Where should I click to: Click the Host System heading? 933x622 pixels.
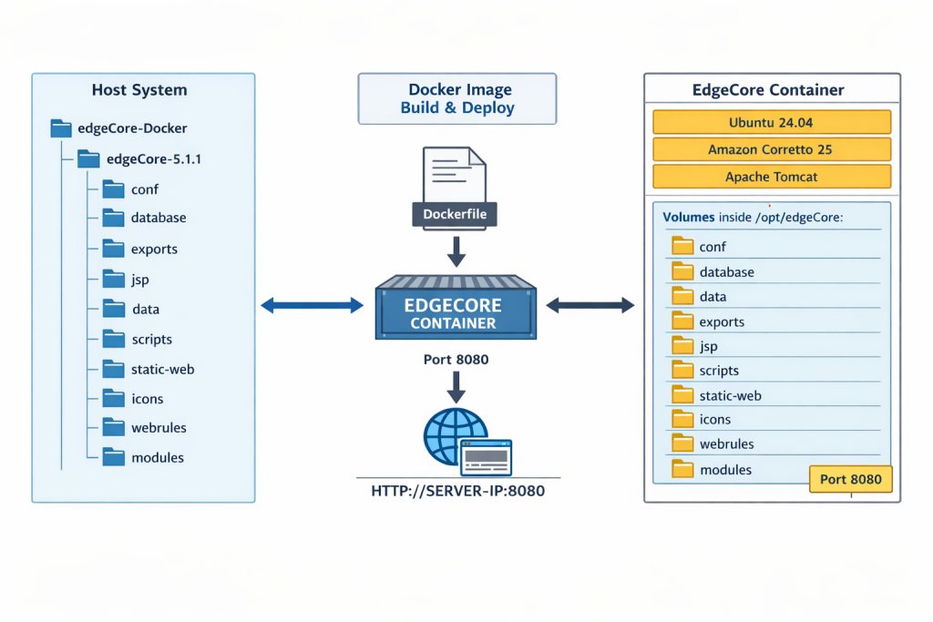139,90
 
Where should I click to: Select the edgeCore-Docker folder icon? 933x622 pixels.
61,128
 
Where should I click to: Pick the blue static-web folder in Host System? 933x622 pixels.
113,369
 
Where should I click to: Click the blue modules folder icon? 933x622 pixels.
113,456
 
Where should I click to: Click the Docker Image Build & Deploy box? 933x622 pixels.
456,99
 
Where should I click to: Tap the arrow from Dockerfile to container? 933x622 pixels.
456,250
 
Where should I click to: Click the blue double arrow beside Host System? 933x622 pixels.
312,306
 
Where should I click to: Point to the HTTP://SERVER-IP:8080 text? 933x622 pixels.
457,490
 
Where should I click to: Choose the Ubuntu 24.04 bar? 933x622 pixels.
772,123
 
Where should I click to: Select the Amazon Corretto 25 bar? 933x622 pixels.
772,149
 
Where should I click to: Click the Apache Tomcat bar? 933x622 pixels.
772,177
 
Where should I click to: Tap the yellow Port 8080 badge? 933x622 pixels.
851,479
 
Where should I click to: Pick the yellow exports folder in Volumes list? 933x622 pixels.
682,321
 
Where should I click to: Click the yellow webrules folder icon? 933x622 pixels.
682,444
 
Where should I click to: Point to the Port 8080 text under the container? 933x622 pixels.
456,360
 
